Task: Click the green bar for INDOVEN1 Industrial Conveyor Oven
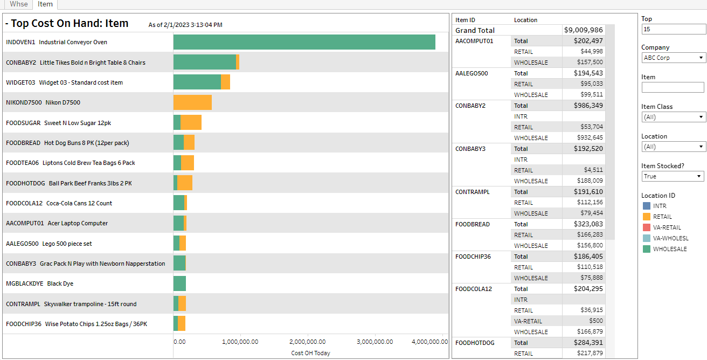tap(304, 42)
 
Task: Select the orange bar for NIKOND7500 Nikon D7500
tap(192, 102)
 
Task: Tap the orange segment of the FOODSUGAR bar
tap(191, 122)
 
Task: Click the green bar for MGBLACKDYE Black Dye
tap(179, 283)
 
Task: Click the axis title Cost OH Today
tap(310, 353)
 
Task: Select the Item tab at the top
tap(45, 4)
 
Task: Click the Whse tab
tap(19, 4)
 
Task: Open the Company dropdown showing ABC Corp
tap(673, 58)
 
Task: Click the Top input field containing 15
tap(673, 29)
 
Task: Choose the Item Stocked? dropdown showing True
tap(673, 176)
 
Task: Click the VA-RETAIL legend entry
tap(667, 227)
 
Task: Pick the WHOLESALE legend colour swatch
tap(647, 249)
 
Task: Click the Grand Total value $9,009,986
tap(584, 30)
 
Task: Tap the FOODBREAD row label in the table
tap(472, 224)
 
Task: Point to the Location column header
tap(525, 20)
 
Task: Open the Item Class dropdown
tap(673, 117)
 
